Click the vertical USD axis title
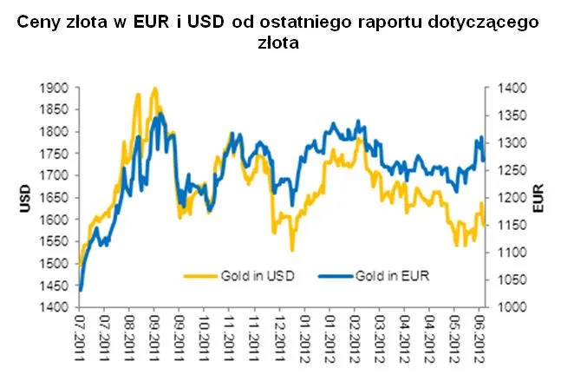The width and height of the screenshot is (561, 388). tap(23, 198)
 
